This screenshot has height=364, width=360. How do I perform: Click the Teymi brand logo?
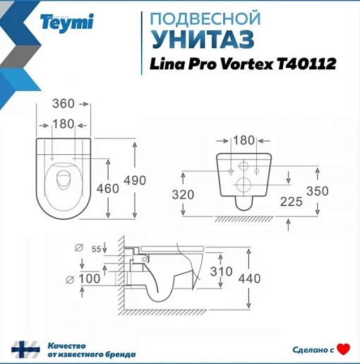click(x=67, y=23)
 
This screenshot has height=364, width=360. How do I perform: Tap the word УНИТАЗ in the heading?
click(x=203, y=39)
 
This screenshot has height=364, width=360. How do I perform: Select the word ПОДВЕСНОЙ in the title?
click(x=205, y=18)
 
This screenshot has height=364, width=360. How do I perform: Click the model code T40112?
click(x=306, y=64)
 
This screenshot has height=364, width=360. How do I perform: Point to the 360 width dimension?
click(x=64, y=104)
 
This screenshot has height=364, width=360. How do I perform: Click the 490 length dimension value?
click(x=135, y=180)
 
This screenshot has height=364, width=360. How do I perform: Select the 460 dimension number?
click(x=108, y=189)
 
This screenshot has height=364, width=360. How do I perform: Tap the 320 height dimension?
click(x=183, y=194)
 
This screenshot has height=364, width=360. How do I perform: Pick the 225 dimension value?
click(x=291, y=201)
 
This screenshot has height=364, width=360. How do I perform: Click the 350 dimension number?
click(x=318, y=191)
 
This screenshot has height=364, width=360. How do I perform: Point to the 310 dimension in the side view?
click(x=221, y=271)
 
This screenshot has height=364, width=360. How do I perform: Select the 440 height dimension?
click(x=249, y=278)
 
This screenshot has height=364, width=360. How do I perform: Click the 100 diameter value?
click(x=90, y=278)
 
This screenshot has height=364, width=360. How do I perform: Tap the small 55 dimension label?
click(x=96, y=249)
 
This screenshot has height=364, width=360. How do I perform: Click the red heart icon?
click(x=343, y=349)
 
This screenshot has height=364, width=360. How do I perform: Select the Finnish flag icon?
click(x=25, y=349)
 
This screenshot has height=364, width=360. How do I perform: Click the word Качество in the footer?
click(x=67, y=346)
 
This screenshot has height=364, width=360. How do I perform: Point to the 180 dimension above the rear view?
click(x=244, y=141)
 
